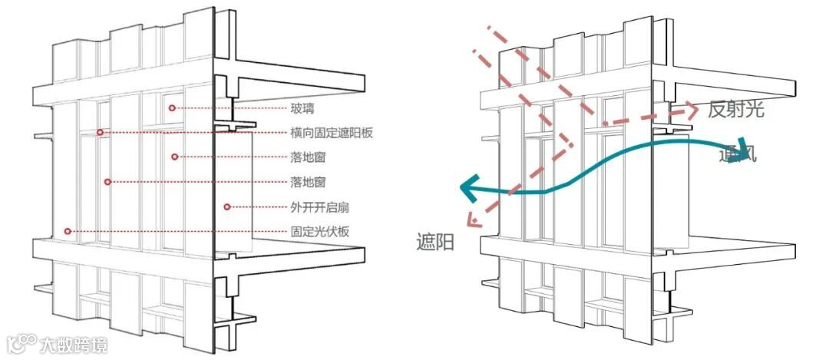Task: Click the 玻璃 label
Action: click(x=302, y=108)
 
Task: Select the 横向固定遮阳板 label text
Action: click(x=332, y=133)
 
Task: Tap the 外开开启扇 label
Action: click(x=320, y=206)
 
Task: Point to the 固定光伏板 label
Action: click(x=320, y=231)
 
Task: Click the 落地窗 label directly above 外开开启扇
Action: click(x=308, y=182)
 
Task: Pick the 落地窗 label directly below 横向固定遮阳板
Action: click(x=308, y=157)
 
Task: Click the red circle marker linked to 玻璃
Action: click(x=173, y=108)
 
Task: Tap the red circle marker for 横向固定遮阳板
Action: click(x=100, y=133)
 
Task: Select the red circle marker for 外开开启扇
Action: click(x=227, y=206)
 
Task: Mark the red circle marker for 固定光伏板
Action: click(x=68, y=231)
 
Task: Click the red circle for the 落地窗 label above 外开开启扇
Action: click(x=108, y=182)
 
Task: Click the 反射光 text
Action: click(x=735, y=109)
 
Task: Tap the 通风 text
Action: click(x=738, y=154)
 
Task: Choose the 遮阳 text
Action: click(x=435, y=243)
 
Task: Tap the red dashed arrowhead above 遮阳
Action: click(x=473, y=222)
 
